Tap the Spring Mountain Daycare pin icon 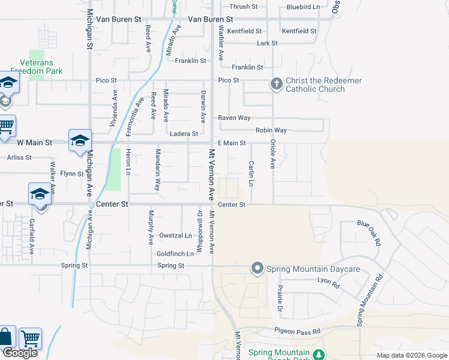click(x=258, y=268)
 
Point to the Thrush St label click(x=243, y=7)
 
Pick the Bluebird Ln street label click(x=303, y=7)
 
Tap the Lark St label click(x=267, y=43)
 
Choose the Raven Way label click(x=234, y=118)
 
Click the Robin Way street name click(x=271, y=130)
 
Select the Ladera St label click(x=184, y=134)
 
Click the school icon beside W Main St click(x=80, y=141)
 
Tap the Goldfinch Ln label click(x=175, y=254)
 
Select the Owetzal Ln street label click(x=175, y=235)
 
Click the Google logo click(x=20, y=353)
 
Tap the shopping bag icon click(x=6, y=337)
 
